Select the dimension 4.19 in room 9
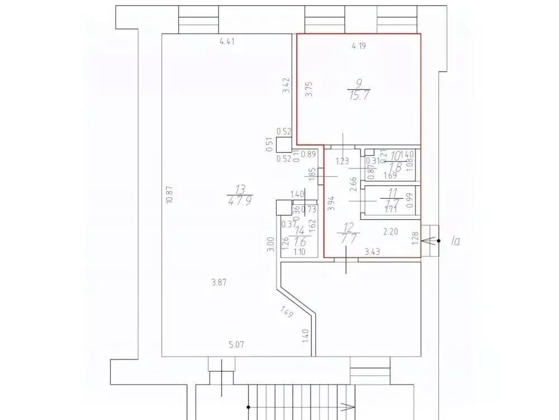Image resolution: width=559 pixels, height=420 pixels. coord(358,46)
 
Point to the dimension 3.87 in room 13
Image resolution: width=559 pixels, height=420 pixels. coord(220,283)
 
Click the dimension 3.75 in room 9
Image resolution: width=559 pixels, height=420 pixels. coord(309,90)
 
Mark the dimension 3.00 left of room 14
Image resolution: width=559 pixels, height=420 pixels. coord(270,245)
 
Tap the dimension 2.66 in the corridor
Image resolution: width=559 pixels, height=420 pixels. coord(353,184)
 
